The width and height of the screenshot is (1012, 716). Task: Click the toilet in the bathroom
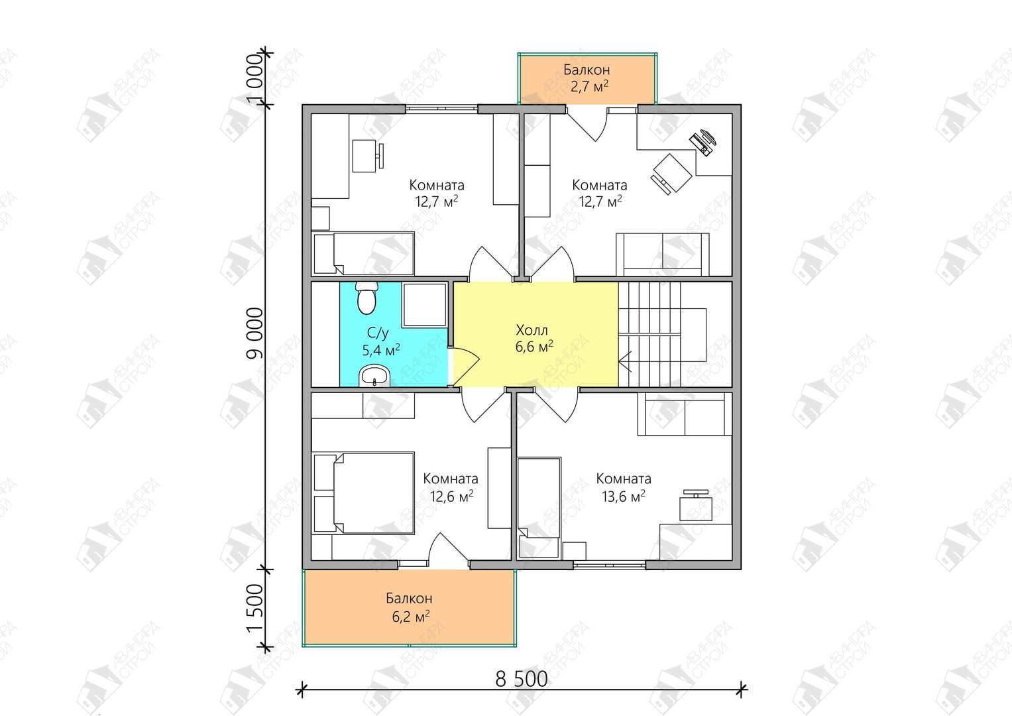coord(366,298)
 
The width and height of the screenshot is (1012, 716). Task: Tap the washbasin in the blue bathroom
coord(374,376)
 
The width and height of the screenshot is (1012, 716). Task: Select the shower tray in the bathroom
coord(424,305)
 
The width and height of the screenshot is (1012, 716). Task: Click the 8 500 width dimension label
coord(522,678)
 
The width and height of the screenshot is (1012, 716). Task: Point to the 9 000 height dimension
coord(254,333)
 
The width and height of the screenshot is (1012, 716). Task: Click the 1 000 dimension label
coord(254,79)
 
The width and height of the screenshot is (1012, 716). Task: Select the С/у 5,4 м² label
coord(380,341)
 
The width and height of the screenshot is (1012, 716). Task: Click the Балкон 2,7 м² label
coord(587,78)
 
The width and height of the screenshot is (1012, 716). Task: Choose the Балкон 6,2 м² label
coord(410,607)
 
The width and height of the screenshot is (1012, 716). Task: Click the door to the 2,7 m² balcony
coord(587,124)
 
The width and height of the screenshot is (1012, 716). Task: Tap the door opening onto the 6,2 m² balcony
coord(448,549)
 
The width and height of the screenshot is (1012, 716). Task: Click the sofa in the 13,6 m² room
coord(684,414)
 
